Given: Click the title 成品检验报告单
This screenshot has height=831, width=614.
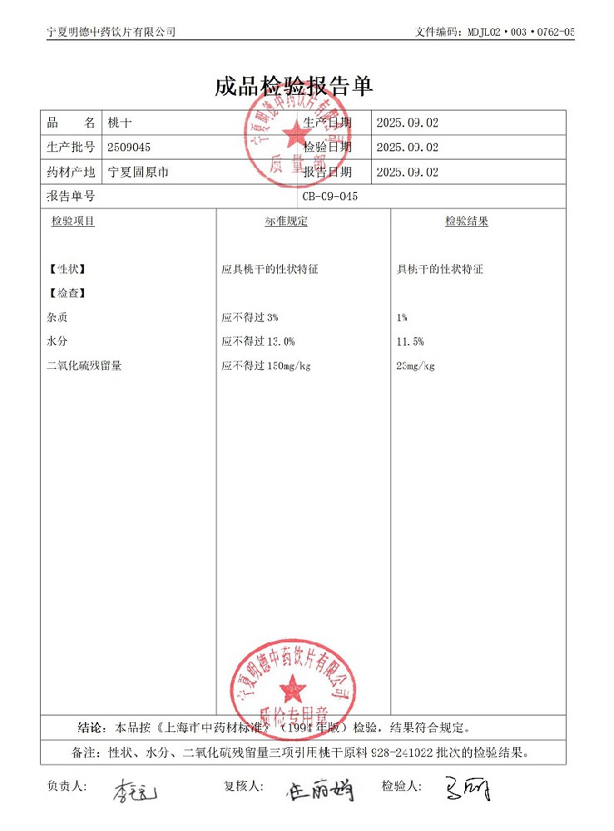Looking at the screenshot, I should coord(294,86).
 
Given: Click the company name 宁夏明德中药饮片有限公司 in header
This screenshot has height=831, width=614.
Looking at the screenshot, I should coord(111,32).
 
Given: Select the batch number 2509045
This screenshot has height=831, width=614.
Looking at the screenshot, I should coord(130,147).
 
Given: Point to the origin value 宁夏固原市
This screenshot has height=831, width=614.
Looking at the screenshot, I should coord(139,172).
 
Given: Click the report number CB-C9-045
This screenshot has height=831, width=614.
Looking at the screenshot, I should coord(330,197).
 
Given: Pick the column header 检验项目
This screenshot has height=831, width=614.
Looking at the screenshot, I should coord(72,222).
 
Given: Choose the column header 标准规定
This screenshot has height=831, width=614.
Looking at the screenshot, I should coord(286,222).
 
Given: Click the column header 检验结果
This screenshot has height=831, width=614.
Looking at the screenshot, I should coord(466,222).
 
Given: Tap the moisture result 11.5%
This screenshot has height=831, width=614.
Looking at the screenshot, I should coord(411,342).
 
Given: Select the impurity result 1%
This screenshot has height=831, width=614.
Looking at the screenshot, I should coord(403,317).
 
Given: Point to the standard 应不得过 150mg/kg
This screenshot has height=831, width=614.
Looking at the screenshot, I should coord(266,366).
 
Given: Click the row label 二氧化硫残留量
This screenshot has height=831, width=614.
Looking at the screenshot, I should coord(85,366).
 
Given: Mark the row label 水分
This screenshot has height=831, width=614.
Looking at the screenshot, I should coord(58,342).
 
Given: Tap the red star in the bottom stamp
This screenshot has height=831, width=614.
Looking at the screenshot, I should coord(292,687).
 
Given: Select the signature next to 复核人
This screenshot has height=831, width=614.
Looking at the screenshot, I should coord(320,790).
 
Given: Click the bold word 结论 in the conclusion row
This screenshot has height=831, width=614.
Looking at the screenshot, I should coord(91,728).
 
